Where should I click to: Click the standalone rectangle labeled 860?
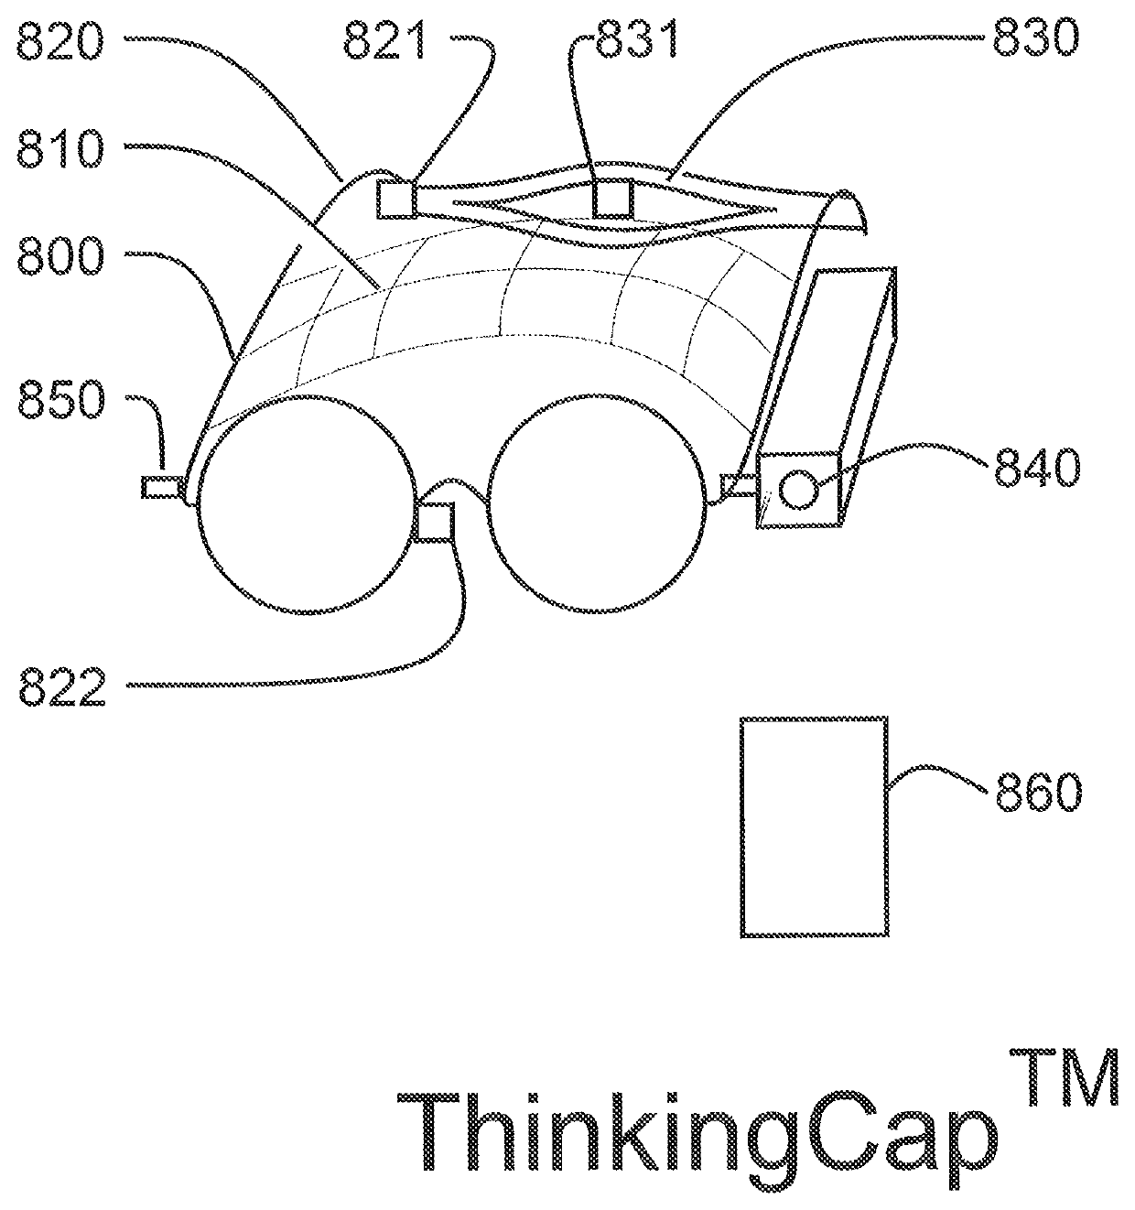[x=814, y=826]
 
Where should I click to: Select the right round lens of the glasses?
[x=597, y=506]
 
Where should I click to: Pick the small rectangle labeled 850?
[x=161, y=487]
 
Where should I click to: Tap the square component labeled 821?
[x=396, y=200]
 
